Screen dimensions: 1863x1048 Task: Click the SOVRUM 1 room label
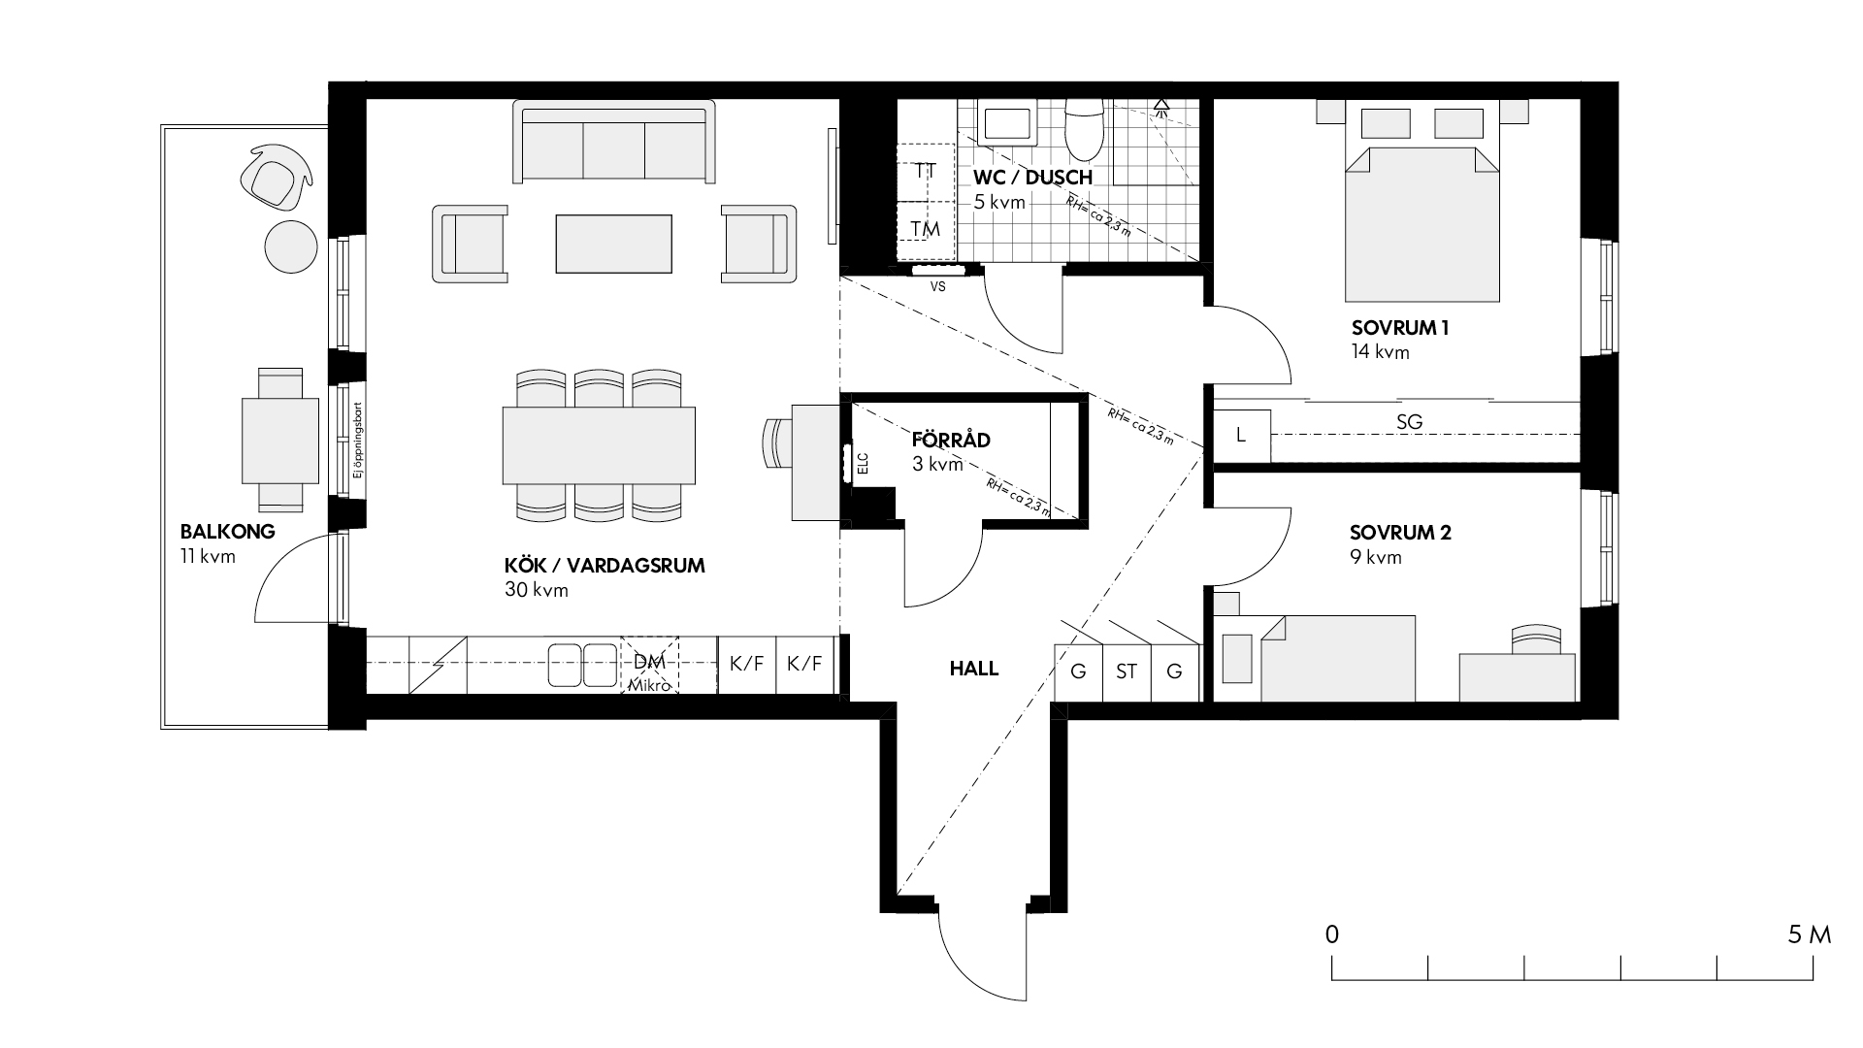pos(1400,328)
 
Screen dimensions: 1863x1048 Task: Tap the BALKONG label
pos(228,532)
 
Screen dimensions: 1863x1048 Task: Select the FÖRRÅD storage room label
pos(951,440)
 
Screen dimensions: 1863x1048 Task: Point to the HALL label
pos(974,669)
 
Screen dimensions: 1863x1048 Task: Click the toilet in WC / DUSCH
pos(1084,129)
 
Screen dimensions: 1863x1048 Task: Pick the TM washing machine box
pos(926,230)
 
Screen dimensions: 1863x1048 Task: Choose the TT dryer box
pos(926,172)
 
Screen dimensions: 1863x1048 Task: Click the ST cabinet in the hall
pos(1127,671)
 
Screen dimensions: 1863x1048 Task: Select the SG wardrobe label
pos(1409,422)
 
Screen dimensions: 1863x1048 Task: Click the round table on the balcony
pos(291,246)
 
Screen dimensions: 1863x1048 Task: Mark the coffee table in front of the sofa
pos(613,244)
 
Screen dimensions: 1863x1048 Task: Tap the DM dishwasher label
pos(649,663)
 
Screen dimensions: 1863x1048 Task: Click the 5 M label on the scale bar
pos(1810,934)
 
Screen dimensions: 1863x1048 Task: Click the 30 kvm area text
pos(537,590)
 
